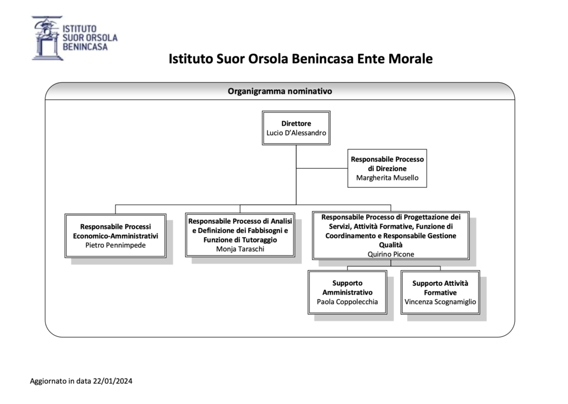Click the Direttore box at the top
point(296,128)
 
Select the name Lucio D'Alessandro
point(296,133)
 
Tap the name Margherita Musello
point(387,178)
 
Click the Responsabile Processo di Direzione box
point(387,168)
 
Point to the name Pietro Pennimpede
point(115,245)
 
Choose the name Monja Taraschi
point(240,249)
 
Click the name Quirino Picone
point(391,254)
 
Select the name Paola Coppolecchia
point(347,302)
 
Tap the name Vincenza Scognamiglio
point(440,302)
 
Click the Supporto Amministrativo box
point(347,292)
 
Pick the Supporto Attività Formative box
point(440,292)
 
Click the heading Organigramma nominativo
point(280,92)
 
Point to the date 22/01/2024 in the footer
point(113,381)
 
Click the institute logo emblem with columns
point(46,38)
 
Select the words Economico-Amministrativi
point(115,236)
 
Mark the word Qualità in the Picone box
point(391,245)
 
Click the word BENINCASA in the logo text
point(85,47)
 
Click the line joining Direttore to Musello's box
point(322,168)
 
